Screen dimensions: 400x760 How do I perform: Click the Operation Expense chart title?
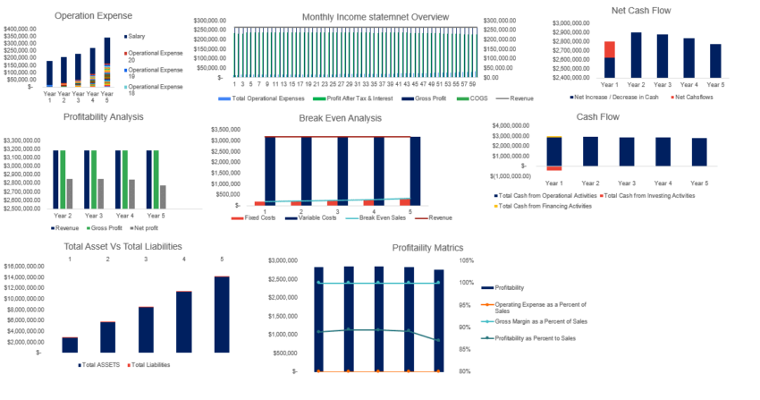click(x=93, y=15)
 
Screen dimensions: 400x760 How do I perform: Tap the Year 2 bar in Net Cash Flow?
click(x=636, y=56)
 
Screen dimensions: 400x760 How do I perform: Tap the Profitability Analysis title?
click(x=104, y=116)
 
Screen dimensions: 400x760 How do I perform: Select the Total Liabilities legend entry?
click(x=151, y=365)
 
